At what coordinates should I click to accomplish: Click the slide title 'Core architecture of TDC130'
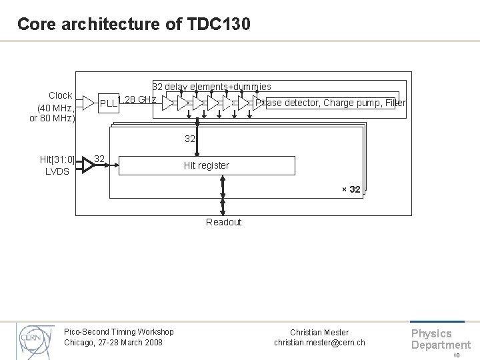[134, 25]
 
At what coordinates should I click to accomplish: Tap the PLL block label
[108, 103]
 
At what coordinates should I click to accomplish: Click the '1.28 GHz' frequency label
[137, 100]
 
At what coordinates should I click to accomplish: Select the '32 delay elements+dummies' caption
[212, 87]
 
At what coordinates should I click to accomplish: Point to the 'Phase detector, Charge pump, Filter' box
[331, 103]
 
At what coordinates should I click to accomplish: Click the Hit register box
[207, 165]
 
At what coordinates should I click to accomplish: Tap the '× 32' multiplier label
[351, 189]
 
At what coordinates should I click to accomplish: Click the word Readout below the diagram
[223, 222]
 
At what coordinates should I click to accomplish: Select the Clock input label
[61, 95]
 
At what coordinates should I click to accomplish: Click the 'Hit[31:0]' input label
[57, 159]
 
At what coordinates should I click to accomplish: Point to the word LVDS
[57, 171]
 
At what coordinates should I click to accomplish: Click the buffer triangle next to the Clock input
[89, 103]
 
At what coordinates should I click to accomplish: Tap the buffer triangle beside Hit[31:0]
[86, 163]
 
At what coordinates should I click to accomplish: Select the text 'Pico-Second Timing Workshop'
[119, 332]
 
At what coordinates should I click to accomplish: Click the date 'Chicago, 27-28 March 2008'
[113, 343]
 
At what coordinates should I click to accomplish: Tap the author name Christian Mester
[319, 332]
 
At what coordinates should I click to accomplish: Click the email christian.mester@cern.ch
[319, 343]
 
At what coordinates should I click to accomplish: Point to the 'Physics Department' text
[440, 339]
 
